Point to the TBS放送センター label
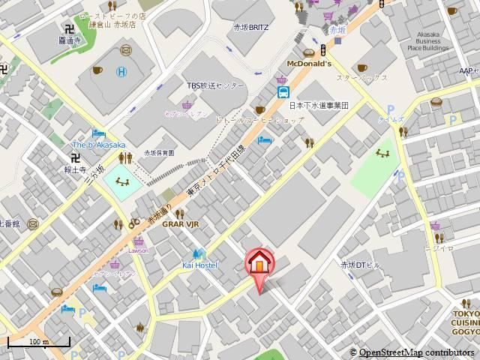click(x=216, y=85)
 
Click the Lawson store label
click(x=139, y=250)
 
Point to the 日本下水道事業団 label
click(x=319, y=106)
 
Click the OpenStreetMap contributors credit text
click(x=416, y=352)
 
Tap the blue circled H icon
click(x=121, y=72)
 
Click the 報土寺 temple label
click(x=74, y=169)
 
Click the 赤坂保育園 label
click(x=159, y=152)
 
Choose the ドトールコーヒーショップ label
click(x=259, y=120)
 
